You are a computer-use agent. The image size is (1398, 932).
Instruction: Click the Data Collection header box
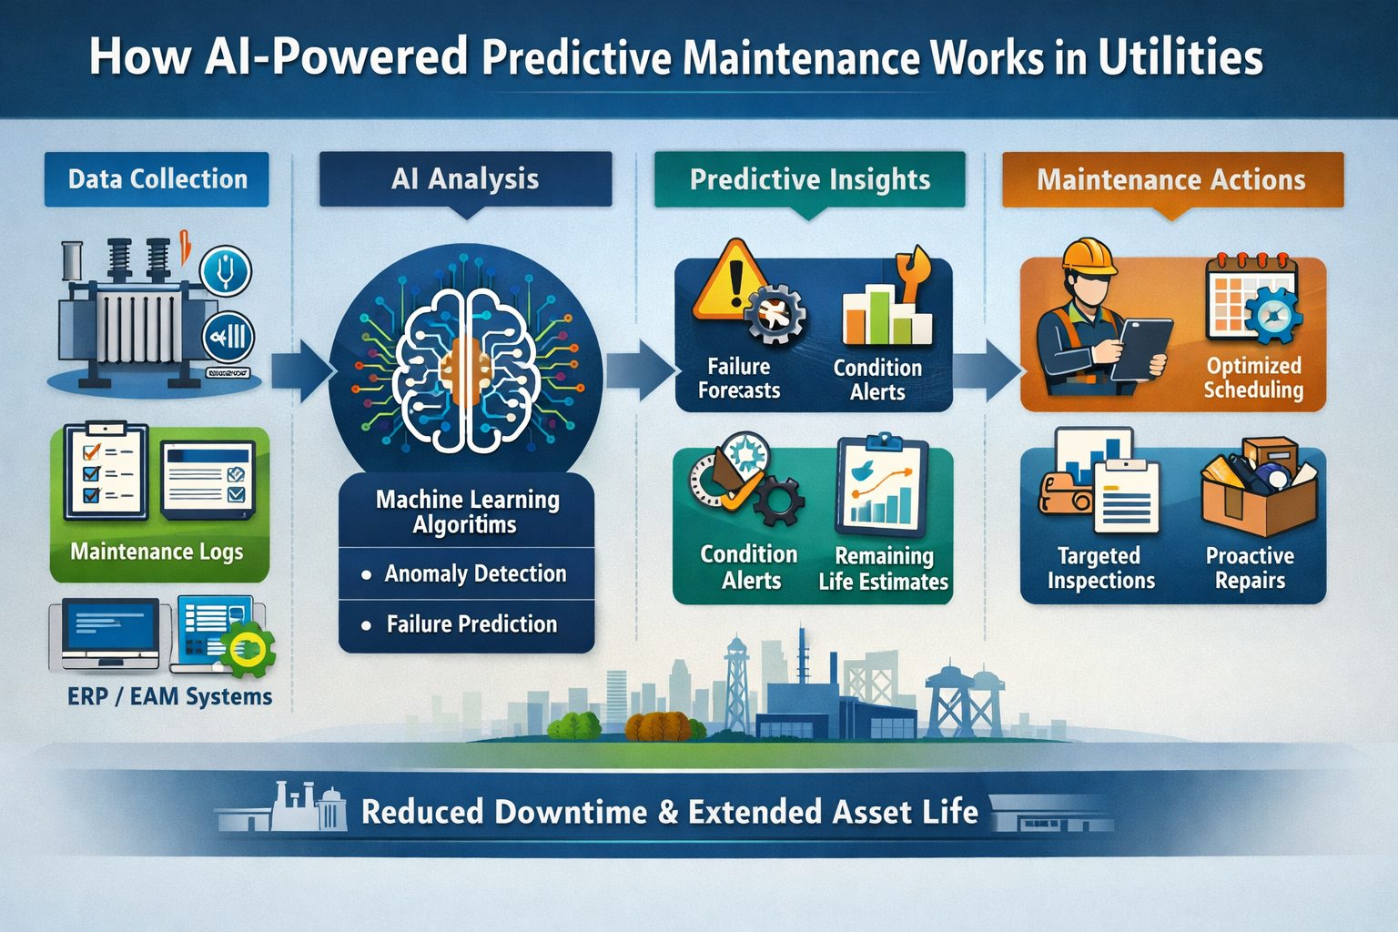click(x=157, y=179)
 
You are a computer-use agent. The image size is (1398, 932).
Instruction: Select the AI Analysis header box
click(x=465, y=179)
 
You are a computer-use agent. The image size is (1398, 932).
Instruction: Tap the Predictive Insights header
click(x=809, y=179)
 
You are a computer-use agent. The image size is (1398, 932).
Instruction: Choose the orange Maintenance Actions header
click(x=1171, y=179)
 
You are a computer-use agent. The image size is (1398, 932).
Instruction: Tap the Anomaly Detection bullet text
click(x=474, y=574)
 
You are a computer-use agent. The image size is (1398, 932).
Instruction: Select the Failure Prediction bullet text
click(x=471, y=624)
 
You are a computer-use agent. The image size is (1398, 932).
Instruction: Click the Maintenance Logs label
click(x=157, y=552)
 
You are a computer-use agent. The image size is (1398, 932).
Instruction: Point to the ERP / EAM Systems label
click(x=169, y=696)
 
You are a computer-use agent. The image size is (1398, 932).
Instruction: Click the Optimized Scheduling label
click(x=1253, y=378)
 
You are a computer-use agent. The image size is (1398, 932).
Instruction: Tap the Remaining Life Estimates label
click(x=883, y=569)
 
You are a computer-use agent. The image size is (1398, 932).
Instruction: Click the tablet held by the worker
click(x=1140, y=349)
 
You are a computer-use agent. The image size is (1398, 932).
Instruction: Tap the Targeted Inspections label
click(x=1100, y=568)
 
